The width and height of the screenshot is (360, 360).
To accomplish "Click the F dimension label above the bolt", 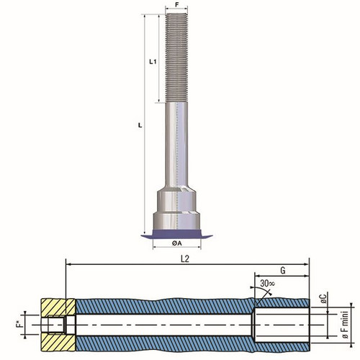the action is click(177, 4).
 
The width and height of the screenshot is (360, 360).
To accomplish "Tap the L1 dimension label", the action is click(153, 62).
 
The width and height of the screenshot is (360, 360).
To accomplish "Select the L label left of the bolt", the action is click(140, 125).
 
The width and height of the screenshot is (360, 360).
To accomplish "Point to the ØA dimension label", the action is click(177, 243).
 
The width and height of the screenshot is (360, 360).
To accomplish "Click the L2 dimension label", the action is click(185, 259).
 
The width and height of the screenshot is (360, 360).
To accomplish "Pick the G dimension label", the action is click(283, 271).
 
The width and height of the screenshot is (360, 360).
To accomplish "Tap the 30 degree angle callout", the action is click(267, 284).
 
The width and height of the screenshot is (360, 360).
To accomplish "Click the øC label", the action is click(324, 298).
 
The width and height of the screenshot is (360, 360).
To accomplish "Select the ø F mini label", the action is click(345, 325).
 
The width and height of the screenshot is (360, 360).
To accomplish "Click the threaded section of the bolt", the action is click(176, 58).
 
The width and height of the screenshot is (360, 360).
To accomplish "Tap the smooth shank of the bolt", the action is click(176, 144).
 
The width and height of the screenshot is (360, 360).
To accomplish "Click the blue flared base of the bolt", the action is click(176, 234).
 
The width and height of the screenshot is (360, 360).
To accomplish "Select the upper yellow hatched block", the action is click(58, 307).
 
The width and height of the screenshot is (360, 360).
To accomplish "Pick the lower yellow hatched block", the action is click(58, 343).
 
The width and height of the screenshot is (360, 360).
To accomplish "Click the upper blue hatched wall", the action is click(192, 306).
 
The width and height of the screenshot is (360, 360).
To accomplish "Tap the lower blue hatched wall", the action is click(192, 343).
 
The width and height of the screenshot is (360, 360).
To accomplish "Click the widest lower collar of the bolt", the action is click(176, 220).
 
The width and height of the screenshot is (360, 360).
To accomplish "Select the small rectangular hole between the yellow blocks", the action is click(56, 325).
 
